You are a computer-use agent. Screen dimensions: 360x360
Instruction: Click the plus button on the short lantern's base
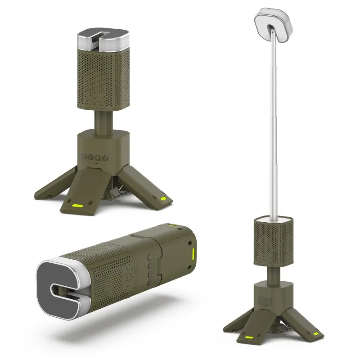point(98,157)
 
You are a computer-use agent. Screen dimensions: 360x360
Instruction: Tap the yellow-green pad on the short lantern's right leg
point(162,198)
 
